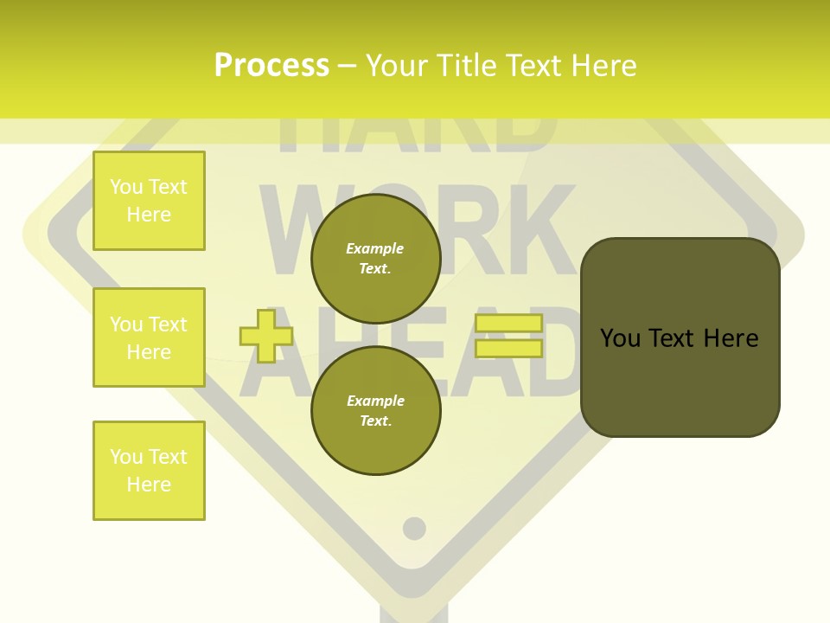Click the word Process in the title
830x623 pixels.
[271, 66]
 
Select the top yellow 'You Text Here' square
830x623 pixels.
[149, 201]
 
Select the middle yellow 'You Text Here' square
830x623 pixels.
[149, 337]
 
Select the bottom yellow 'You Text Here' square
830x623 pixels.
[149, 471]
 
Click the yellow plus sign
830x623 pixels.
[266, 335]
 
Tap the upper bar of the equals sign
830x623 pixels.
[508, 323]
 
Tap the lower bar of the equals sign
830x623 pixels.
[508, 349]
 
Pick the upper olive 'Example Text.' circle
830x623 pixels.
[375, 258]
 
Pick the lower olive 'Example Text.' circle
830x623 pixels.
[375, 410]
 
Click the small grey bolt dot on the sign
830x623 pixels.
[415, 528]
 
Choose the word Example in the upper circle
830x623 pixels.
[375, 248]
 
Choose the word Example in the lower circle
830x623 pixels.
[375, 401]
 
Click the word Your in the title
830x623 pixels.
[397, 66]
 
